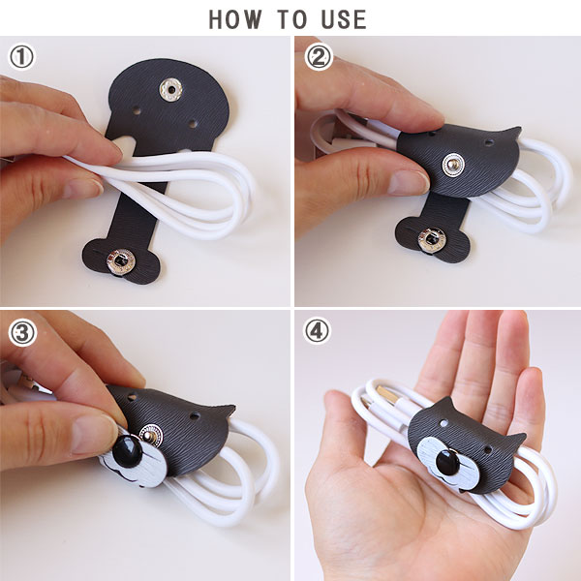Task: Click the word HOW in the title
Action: point(235,19)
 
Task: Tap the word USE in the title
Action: point(344,19)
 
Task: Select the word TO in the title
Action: point(292,19)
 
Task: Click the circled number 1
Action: point(21,57)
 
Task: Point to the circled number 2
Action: point(319,57)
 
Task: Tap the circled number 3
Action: point(22,333)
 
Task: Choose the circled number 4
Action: point(317,331)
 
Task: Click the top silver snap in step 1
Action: point(171,89)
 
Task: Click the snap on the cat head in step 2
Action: point(453,165)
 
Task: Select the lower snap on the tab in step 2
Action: point(432,239)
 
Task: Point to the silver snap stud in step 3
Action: point(150,434)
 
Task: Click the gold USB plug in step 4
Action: point(388,396)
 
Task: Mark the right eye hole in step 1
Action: point(193,124)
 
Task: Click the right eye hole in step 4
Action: point(488,450)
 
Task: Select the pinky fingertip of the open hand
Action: point(534,378)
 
